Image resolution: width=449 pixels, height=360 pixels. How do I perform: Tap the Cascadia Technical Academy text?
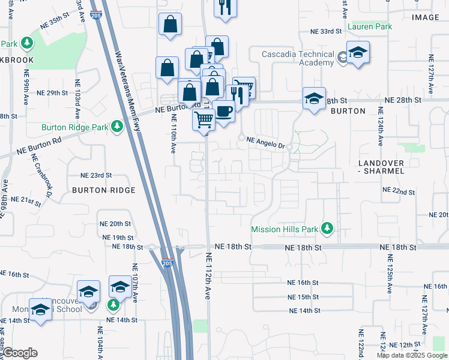click(298, 59)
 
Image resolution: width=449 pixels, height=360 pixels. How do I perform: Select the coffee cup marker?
click(224, 111)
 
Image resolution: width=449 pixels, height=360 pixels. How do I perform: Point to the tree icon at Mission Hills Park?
click(327, 229)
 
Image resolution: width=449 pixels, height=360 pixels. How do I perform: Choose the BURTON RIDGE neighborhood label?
click(103, 190)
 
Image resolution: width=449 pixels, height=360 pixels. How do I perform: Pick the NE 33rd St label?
click(326, 31)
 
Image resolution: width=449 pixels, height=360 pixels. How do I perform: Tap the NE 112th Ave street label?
click(209, 276)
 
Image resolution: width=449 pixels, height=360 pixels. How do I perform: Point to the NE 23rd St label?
click(96, 175)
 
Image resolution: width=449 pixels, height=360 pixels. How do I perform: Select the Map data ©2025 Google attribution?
click(411, 355)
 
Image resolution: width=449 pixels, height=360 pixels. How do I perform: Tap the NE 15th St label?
click(303, 297)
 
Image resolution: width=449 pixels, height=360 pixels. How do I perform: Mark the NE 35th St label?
click(65, 20)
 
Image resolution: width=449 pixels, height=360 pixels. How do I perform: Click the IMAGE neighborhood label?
click(426, 17)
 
